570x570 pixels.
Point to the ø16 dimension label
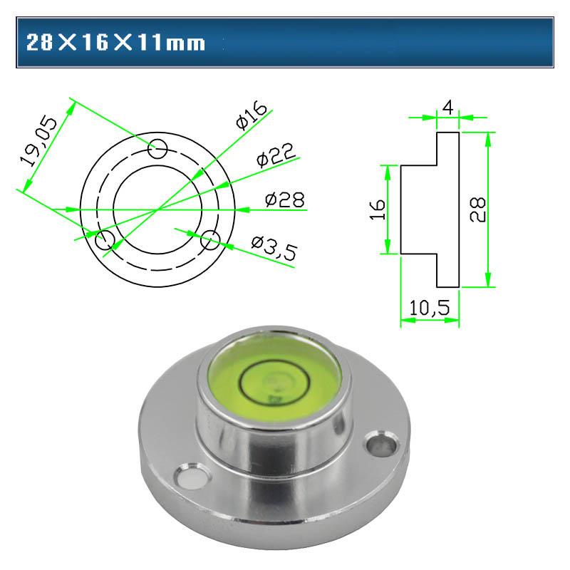250,115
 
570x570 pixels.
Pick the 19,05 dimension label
38,142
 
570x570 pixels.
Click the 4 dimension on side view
447,107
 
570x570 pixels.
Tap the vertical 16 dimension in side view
378,209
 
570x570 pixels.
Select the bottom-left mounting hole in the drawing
105,239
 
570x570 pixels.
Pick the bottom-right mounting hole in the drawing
209,240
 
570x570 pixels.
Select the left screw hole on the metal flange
190,477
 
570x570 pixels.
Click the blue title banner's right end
541,43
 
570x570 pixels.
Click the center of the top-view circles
157,209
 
